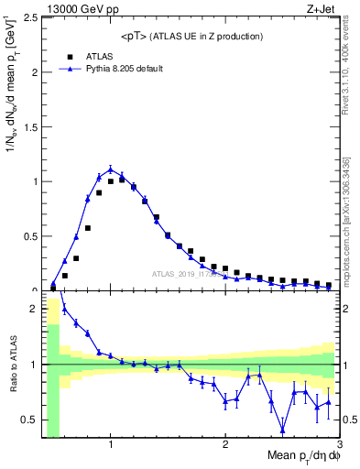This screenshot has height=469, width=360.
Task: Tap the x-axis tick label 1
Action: [111, 445]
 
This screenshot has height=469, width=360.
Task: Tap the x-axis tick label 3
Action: [339, 445]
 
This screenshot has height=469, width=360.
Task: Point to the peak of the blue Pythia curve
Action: [111, 169]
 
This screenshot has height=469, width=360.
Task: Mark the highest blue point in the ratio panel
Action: [64, 308]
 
